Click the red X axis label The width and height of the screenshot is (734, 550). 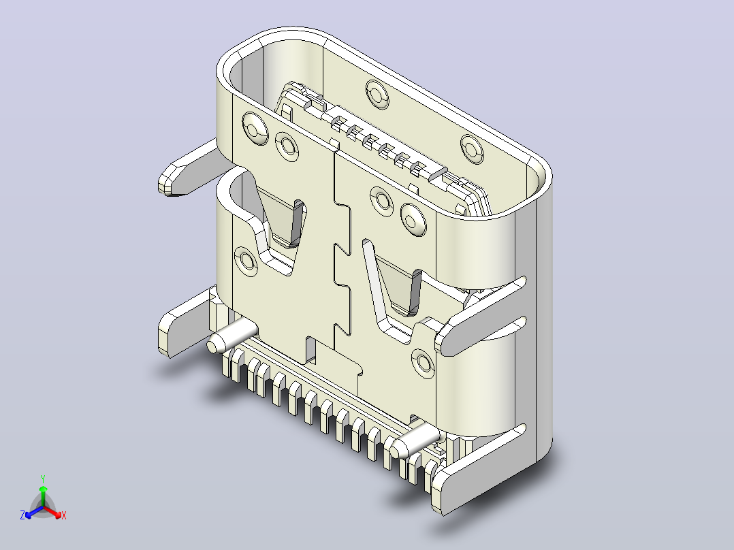(64, 515)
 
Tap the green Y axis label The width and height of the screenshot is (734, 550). (43, 479)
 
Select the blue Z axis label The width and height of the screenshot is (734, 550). (22, 515)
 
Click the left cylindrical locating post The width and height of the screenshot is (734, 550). (232, 338)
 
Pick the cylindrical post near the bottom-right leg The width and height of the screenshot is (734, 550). (415, 440)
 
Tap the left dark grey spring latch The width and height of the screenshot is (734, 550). (297, 223)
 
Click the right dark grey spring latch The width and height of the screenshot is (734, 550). (415, 291)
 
